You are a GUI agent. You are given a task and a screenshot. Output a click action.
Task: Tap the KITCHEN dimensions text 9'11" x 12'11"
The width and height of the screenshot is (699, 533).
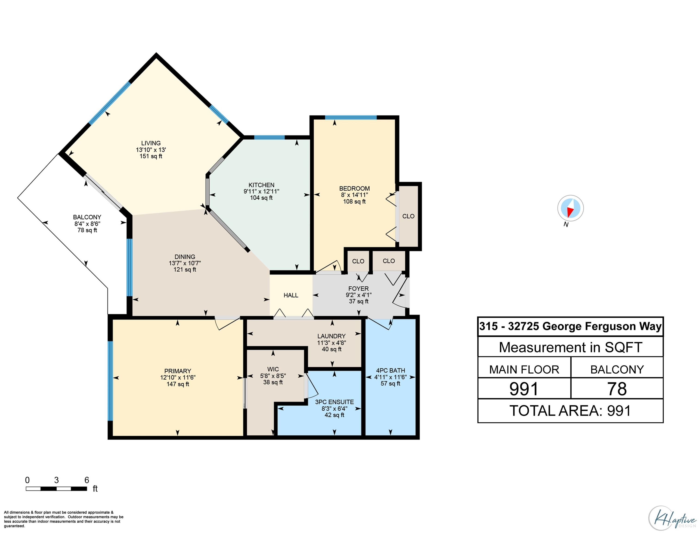[261, 191]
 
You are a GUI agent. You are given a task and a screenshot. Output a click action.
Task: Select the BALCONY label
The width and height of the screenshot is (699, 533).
[87, 217]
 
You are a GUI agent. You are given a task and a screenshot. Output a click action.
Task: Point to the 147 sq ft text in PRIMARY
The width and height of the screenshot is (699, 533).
[178, 384]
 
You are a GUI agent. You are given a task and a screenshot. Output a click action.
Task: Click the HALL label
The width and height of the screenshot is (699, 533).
[291, 295]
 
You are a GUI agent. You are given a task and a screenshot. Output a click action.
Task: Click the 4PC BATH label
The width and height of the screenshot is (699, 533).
[390, 370]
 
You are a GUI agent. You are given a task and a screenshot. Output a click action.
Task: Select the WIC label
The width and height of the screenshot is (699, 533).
[273, 369]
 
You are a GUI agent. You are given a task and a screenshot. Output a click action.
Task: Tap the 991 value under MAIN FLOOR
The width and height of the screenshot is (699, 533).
[524, 389]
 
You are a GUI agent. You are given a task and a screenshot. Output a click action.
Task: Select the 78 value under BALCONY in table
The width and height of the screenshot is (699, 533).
[617, 389]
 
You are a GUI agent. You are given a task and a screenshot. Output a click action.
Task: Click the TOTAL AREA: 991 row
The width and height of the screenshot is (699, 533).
[570, 411]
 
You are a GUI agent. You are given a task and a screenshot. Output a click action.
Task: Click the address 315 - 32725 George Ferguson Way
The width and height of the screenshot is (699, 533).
[570, 326]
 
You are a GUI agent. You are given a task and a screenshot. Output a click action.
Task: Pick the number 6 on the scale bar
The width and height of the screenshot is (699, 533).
[87, 480]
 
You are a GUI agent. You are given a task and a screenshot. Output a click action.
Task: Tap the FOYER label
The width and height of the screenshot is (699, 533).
[358, 288]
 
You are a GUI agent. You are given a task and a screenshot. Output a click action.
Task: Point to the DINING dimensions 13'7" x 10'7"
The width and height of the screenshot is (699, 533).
[185, 263]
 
